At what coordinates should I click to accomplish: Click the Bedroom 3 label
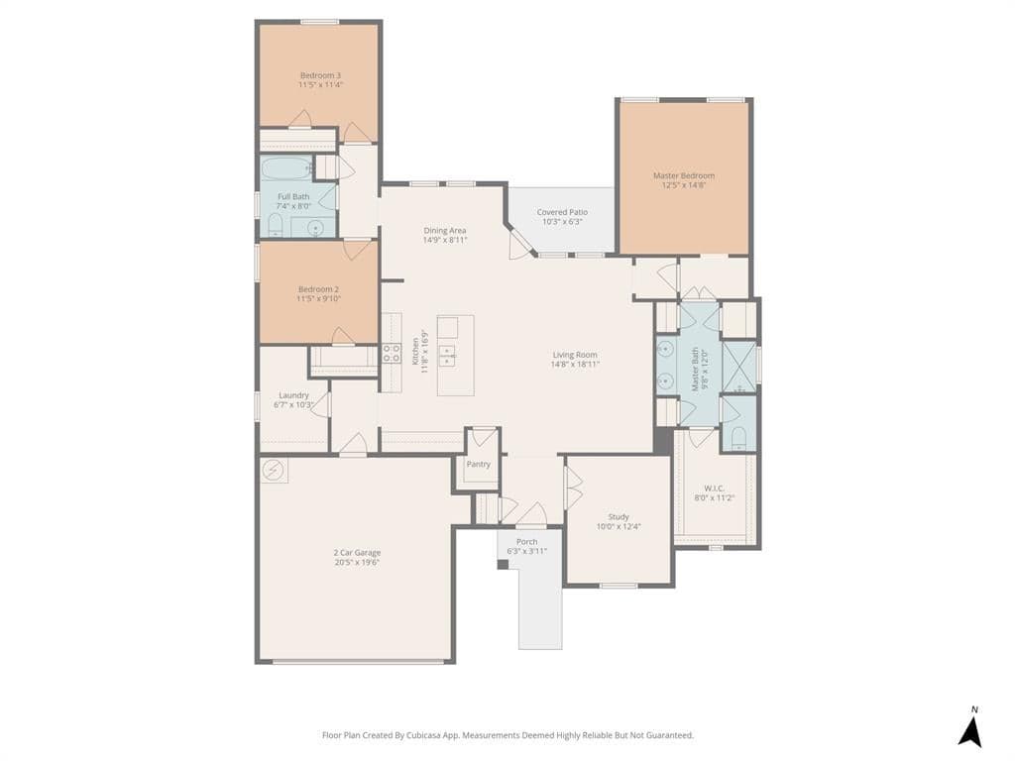tap(320, 75)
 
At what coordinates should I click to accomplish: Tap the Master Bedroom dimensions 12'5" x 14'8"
tap(684, 185)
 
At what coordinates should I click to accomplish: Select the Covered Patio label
tap(562, 212)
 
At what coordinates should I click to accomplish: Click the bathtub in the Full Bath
tap(287, 169)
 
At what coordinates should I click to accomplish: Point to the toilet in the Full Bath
tap(276, 225)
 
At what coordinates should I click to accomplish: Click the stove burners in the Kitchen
tap(391, 353)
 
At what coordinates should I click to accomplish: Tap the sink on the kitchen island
tap(448, 356)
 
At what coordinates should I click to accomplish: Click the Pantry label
tap(479, 464)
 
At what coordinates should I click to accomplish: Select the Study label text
tap(619, 517)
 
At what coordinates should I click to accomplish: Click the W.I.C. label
tap(714, 489)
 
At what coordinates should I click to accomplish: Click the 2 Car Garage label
tap(357, 553)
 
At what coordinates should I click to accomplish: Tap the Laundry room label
tap(293, 395)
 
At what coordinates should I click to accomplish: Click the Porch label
tap(527, 542)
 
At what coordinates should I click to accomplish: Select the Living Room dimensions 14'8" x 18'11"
tap(575, 365)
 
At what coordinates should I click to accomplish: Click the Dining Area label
tap(445, 230)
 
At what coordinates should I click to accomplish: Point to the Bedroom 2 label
tap(318, 289)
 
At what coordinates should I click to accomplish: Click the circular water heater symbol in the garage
tap(274, 471)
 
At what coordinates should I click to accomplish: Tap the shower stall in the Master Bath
tap(738, 365)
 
